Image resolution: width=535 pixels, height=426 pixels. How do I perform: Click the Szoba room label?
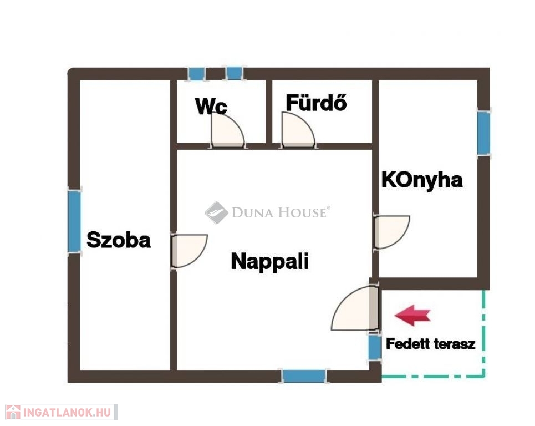coord(119,240)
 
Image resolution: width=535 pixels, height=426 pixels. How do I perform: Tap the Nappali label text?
coord(270,261)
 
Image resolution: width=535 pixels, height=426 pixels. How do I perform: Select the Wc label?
coord(211,106)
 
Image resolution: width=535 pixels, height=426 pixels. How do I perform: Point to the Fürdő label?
coord(317,103)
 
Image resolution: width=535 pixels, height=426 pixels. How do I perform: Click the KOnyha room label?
coord(422,180)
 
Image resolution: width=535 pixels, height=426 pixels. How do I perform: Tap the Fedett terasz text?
coord(431,344)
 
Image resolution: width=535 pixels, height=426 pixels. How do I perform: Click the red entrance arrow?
coord(412,316)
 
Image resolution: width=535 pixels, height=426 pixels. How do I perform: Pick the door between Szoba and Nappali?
coord(189,251)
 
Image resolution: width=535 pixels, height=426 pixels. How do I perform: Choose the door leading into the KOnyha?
coord(392,232)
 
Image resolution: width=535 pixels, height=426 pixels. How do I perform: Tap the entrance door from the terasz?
coord(355,308)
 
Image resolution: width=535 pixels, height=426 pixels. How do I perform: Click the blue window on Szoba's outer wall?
coord(74,221)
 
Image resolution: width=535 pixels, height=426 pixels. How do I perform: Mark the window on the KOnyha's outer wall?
coord(483,133)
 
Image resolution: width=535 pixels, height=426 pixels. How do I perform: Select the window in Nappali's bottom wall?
coord(304,376)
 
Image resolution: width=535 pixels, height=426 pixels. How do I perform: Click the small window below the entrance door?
coord(375,347)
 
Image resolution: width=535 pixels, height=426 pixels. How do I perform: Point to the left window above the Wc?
coord(196,74)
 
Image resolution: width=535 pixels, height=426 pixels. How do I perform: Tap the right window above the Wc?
coord(235,74)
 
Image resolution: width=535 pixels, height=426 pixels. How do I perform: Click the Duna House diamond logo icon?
coord(216,212)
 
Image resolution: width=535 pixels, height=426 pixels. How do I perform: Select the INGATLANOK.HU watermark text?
coord(67,412)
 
